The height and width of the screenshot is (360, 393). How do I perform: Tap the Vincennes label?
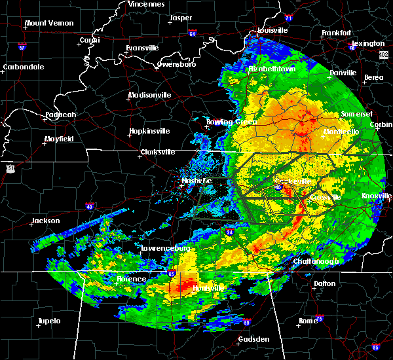pos(146,4)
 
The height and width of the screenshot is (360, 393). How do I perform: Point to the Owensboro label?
pos(177,65)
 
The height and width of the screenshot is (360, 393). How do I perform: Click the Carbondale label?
pos(24,67)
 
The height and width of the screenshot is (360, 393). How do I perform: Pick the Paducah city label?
pos(60,115)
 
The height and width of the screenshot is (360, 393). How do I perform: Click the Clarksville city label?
pos(158,153)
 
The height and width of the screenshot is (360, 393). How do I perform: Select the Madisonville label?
pos(149,95)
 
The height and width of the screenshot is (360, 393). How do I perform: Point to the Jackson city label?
pos(46,221)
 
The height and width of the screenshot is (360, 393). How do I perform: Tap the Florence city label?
pos(131,279)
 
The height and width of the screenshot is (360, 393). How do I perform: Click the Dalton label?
pos(325,283)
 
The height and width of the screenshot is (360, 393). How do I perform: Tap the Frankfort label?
pos(337,33)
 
